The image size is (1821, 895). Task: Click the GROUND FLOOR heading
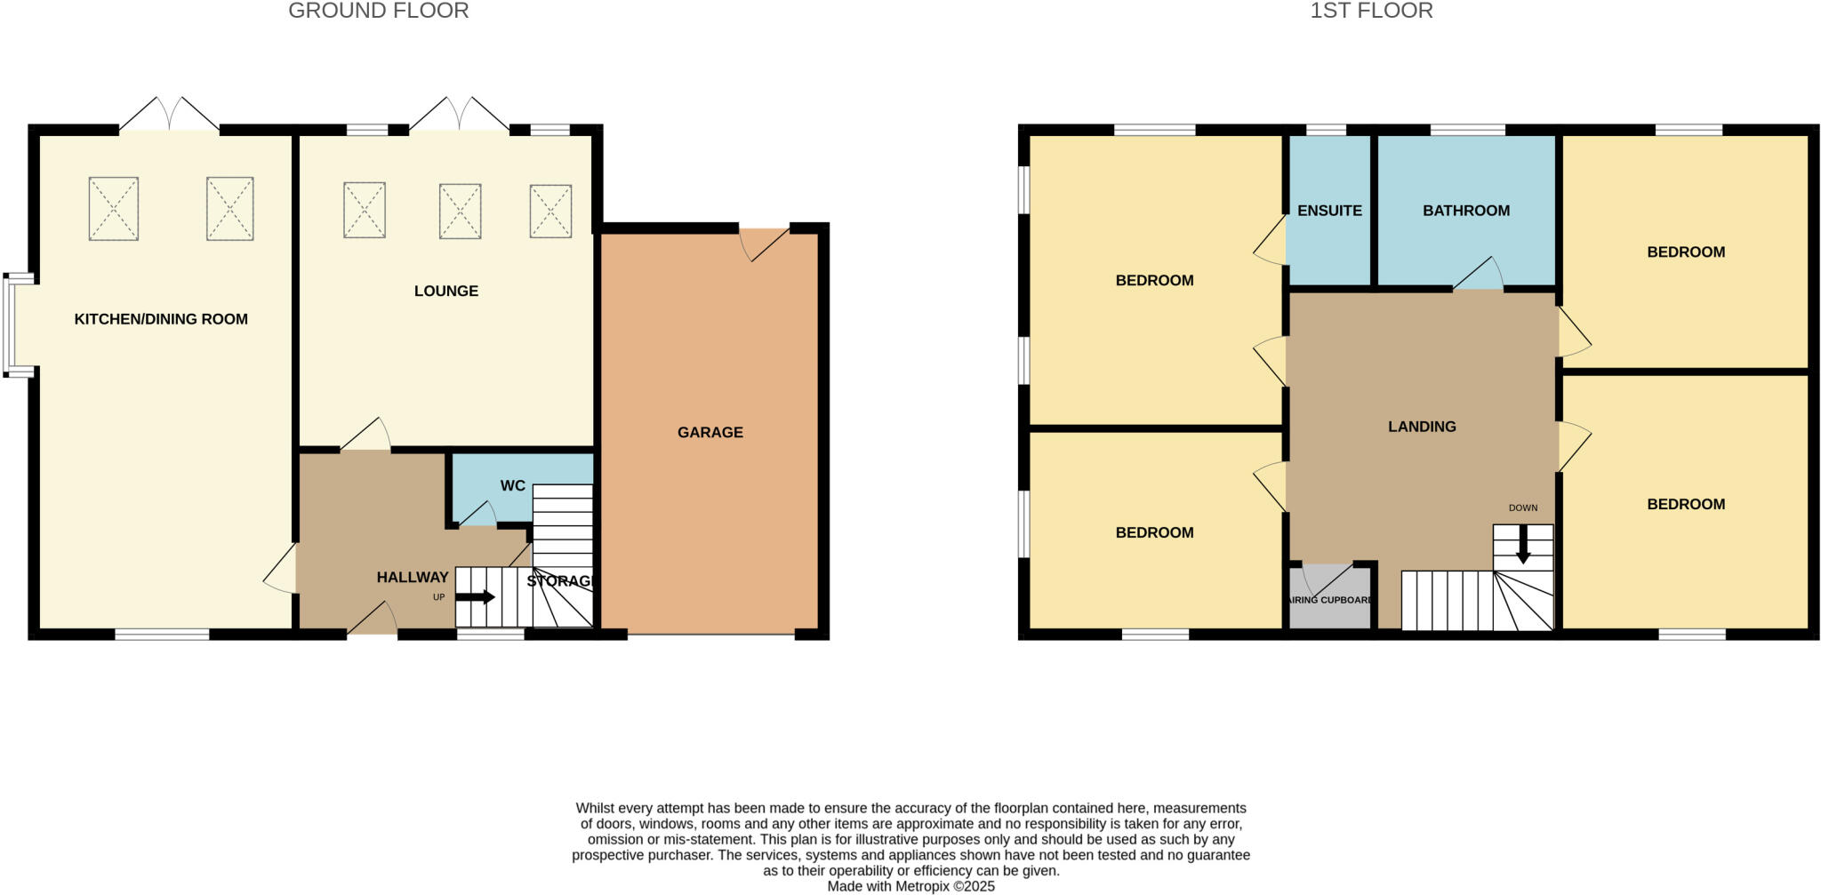point(378,12)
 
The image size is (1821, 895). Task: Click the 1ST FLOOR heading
point(1371,12)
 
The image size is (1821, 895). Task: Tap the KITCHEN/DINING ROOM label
point(161,319)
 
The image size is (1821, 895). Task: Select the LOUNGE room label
point(445,291)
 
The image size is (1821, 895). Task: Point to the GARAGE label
point(710,432)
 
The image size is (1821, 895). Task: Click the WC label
point(512,485)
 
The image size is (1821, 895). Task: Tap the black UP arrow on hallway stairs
point(476,597)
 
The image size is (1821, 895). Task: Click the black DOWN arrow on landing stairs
point(1523,544)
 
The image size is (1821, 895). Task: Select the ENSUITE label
point(1329,211)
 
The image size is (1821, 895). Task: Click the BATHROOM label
point(1465,211)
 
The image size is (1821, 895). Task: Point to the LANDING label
point(1422,427)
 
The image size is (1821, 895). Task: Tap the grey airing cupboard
point(1330,597)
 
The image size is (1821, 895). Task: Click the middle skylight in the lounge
point(460,211)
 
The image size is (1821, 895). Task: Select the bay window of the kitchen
point(18,324)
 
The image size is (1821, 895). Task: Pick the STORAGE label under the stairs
point(559,581)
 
